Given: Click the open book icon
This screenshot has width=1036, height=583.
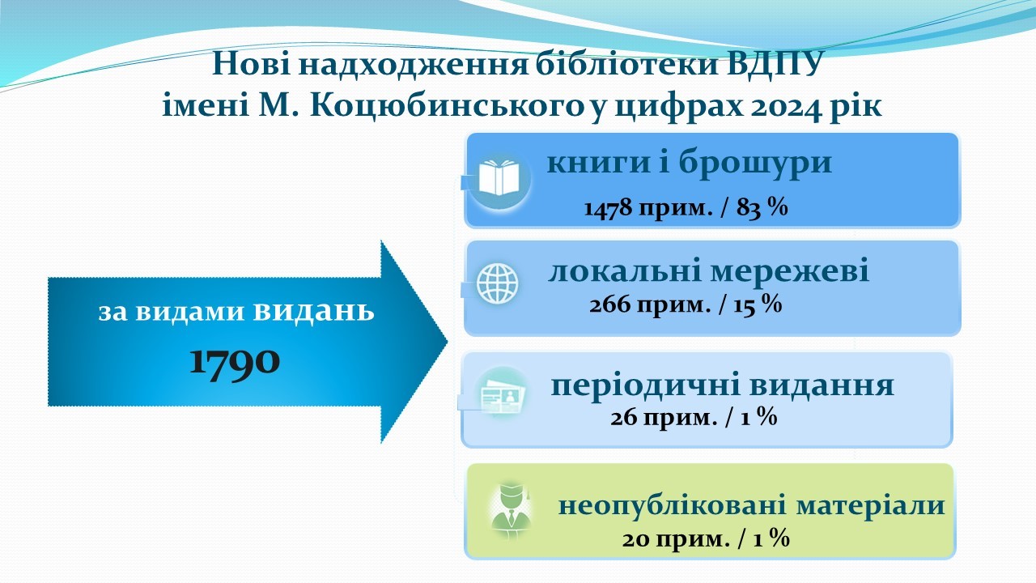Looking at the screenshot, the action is tap(499, 177).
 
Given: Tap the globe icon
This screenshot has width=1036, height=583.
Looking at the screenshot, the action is tap(497, 283).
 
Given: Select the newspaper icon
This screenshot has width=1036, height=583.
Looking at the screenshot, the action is tap(503, 396).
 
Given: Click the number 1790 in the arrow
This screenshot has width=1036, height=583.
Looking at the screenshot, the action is tap(235, 361).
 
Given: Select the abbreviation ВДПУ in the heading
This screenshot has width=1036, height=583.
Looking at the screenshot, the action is tap(775, 63).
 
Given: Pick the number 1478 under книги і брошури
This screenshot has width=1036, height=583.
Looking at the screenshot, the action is tap(608, 208).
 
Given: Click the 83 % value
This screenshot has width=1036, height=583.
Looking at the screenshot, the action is tap(762, 207).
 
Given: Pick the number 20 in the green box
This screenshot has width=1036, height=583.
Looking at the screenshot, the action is tap(636, 539).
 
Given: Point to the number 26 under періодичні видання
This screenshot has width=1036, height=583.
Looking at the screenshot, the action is tap(624, 419).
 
